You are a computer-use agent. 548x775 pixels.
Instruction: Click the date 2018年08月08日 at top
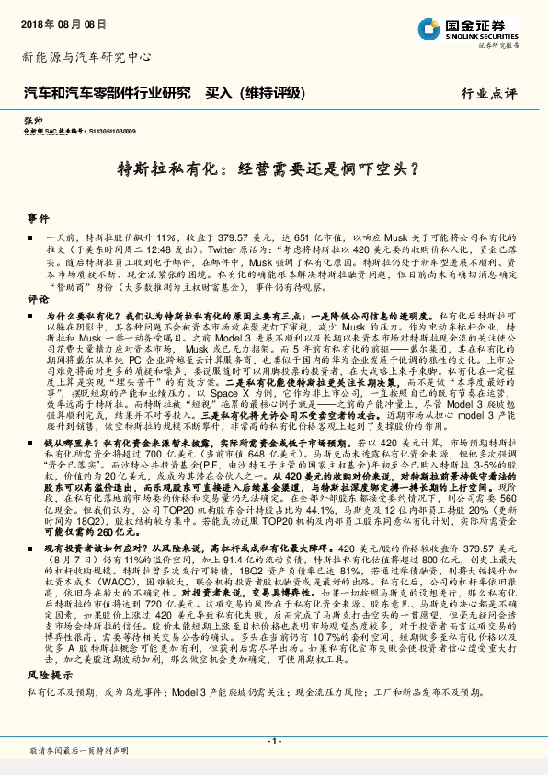(58, 20)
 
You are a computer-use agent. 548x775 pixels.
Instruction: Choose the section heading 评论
(37, 300)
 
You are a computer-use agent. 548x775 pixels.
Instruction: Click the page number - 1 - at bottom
(273, 742)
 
